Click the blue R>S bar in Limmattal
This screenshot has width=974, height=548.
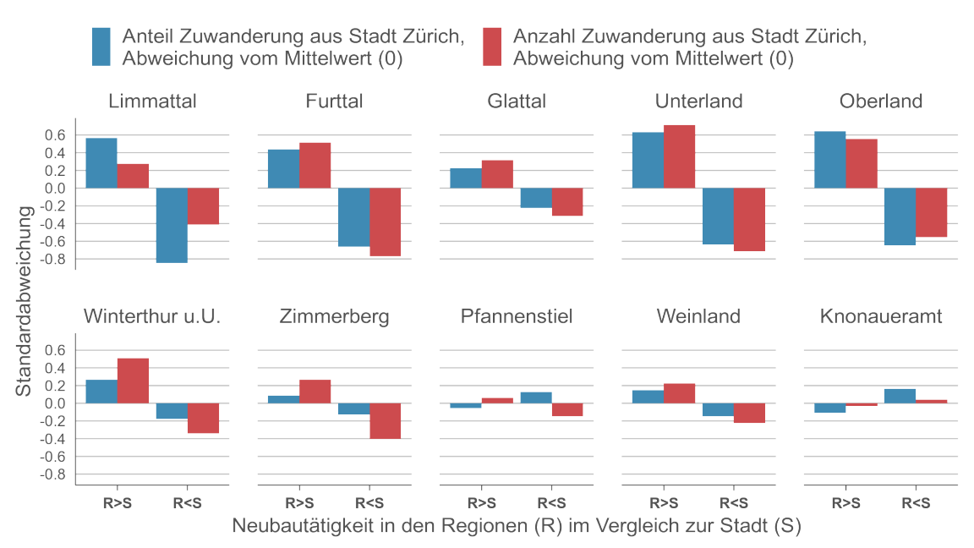(x=101, y=163)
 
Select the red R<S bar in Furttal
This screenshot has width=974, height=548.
(x=385, y=222)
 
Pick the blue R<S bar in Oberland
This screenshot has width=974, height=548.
(x=900, y=216)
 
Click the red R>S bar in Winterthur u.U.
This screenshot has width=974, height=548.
(x=133, y=381)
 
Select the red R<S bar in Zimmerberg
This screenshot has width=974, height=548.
(x=385, y=420)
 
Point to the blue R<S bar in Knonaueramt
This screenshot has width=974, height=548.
(x=900, y=396)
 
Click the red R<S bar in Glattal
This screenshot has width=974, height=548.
(x=567, y=202)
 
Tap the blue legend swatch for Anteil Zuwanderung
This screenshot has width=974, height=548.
(x=101, y=47)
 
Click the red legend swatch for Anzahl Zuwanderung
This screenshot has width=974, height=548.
(x=491, y=47)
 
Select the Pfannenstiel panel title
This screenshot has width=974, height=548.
(x=517, y=317)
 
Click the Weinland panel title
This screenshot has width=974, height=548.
(x=698, y=317)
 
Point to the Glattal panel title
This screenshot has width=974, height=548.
(x=517, y=101)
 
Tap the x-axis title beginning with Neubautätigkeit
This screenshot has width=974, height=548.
(x=517, y=526)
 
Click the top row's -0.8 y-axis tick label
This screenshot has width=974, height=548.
(x=52, y=259)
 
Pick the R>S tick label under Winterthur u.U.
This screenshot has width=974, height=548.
(x=118, y=501)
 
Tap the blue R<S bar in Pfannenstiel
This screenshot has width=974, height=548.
(x=536, y=397)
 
